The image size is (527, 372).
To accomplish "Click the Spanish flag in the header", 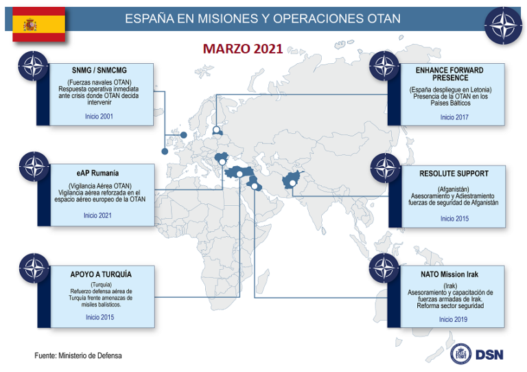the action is [x=38, y=25].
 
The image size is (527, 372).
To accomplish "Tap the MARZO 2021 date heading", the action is [x=243, y=49].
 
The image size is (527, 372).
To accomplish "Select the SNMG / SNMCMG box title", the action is [x=99, y=70].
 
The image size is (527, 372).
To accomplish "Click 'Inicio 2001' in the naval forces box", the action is [x=99, y=117].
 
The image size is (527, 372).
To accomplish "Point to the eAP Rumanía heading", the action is [x=98, y=172].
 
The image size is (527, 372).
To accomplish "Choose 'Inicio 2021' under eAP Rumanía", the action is [x=98, y=216].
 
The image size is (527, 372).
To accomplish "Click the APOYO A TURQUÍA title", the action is [x=101, y=275].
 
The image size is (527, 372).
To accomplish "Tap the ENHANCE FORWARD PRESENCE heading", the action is [x=449, y=74].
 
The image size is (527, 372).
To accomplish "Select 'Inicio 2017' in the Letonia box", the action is [x=454, y=117].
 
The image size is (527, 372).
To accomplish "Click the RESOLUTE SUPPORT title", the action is [x=454, y=174].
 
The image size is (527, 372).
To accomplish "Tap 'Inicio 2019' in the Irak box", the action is [x=454, y=319].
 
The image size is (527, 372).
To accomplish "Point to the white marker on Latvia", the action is [x=217, y=130].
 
